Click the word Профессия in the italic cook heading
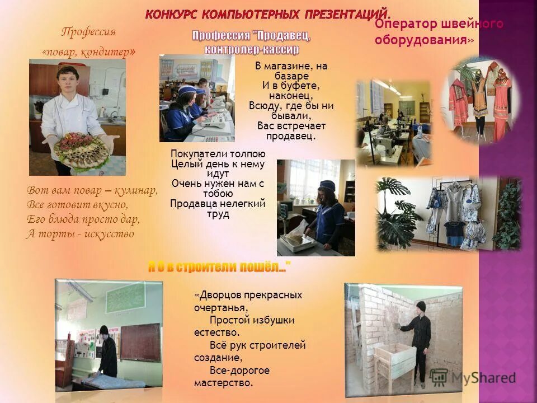click(88, 31)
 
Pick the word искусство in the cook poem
click(109, 234)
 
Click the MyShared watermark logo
click(481, 378)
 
